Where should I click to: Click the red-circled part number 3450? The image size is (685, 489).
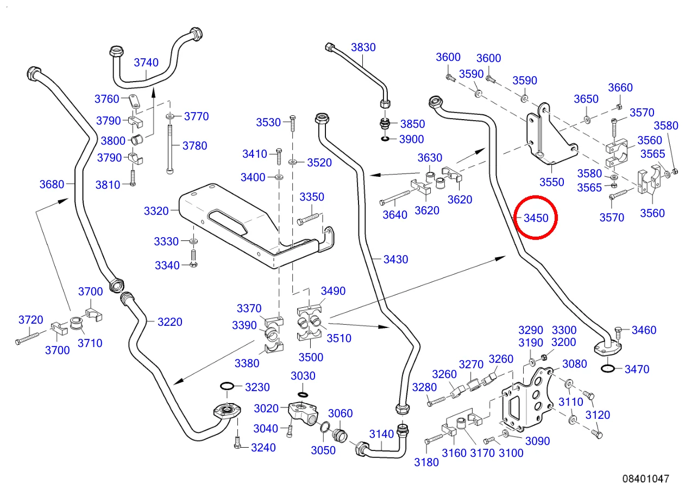coord(536,218)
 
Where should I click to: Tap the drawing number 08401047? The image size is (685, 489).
coord(646,479)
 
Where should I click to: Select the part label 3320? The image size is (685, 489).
coord(156,211)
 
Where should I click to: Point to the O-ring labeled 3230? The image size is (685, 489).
coord(227,386)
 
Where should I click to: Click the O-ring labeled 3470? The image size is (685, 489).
coord(608,369)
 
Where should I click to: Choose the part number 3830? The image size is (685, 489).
coord(363,47)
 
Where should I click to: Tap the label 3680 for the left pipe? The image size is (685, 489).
coord(52,184)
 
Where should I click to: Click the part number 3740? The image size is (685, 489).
coord(146,62)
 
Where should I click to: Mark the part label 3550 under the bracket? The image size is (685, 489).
coord(551,182)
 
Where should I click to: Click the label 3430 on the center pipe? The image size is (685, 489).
coord(395,259)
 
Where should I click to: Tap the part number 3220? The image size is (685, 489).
coord(169,322)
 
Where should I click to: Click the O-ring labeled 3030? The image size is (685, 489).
coord(303,394)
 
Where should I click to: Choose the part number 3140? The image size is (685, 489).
coord(381,434)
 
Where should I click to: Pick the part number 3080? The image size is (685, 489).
coord(574,364)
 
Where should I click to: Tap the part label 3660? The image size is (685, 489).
coord(620,88)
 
